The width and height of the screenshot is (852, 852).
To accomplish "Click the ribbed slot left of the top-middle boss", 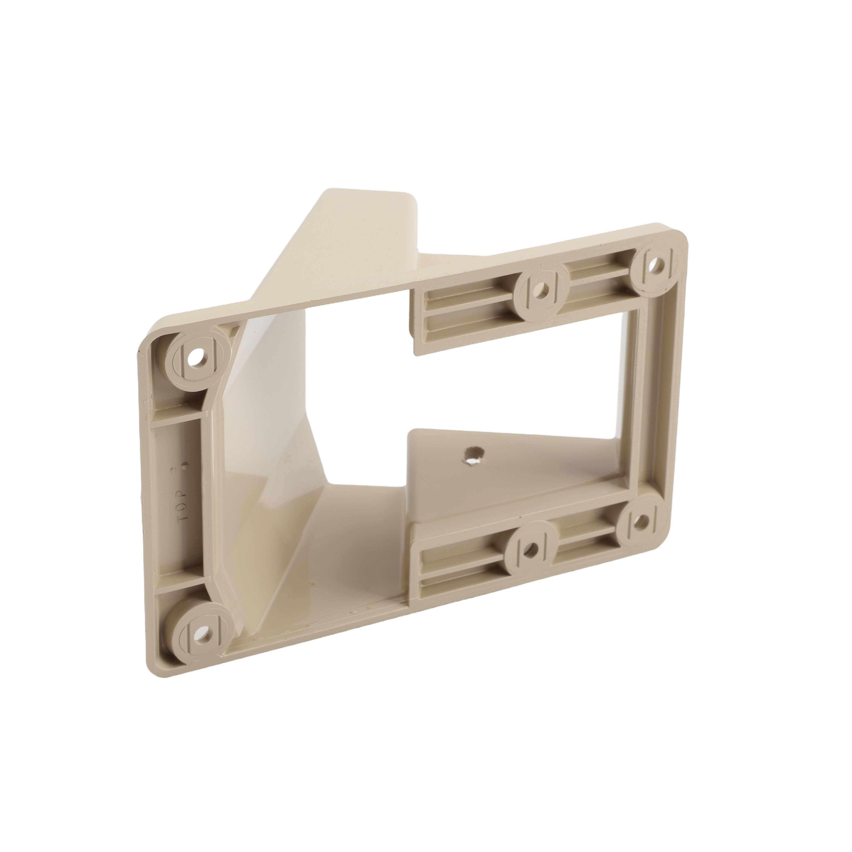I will coord(467,304).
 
